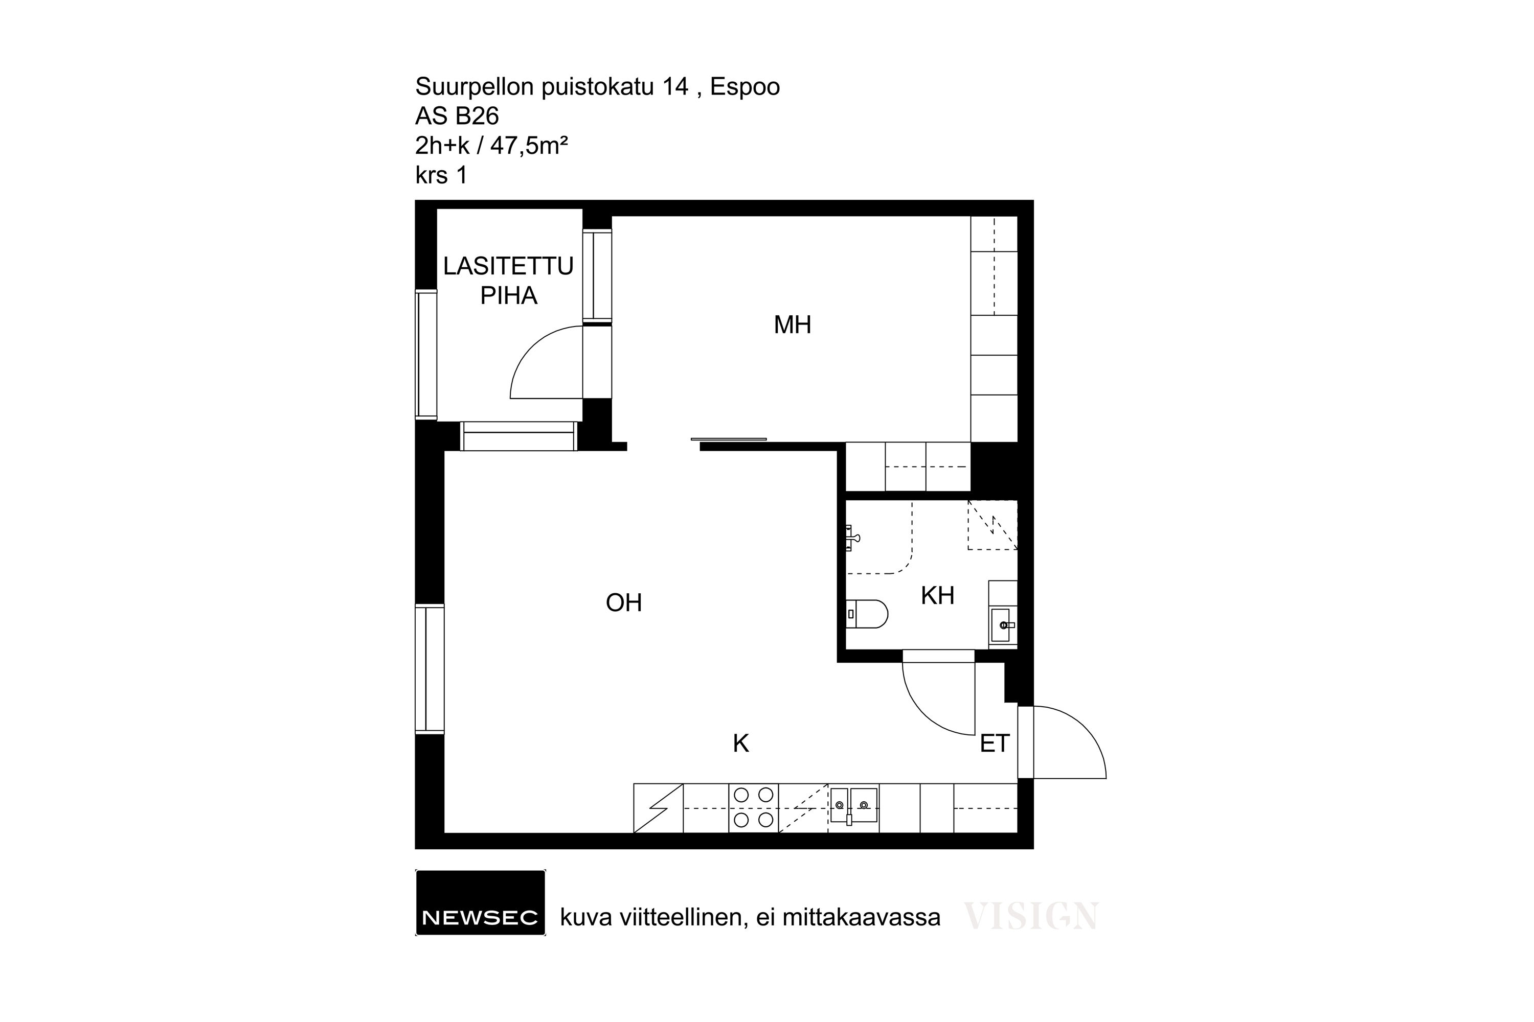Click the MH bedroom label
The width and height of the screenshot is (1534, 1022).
pyautogui.click(x=793, y=324)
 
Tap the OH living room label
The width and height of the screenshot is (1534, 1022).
pyautogui.click(x=624, y=603)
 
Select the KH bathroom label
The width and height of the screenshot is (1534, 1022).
pyautogui.click(x=938, y=596)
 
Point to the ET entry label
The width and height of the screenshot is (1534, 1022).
pyautogui.click(x=995, y=744)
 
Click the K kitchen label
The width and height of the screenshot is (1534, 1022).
pyautogui.click(x=741, y=744)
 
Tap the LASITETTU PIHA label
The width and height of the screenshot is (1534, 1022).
pyautogui.click(x=509, y=281)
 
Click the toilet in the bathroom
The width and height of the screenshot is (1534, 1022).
pyautogui.click(x=867, y=614)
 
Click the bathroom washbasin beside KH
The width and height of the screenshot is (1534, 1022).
pyautogui.click(x=1002, y=625)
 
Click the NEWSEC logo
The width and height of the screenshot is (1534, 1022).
pyautogui.click(x=481, y=903)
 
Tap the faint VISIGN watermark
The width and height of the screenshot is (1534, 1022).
pyautogui.click(x=1031, y=916)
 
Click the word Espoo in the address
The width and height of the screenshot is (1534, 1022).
pyautogui.click(x=745, y=87)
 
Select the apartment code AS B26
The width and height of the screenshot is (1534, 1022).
pyautogui.click(x=457, y=116)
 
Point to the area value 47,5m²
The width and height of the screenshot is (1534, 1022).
pyautogui.click(x=529, y=145)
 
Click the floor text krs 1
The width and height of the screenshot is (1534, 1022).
pyautogui.click(x=442, y=175)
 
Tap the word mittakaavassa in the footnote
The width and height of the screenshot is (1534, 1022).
pyautogui.click(x=861, y=918)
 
